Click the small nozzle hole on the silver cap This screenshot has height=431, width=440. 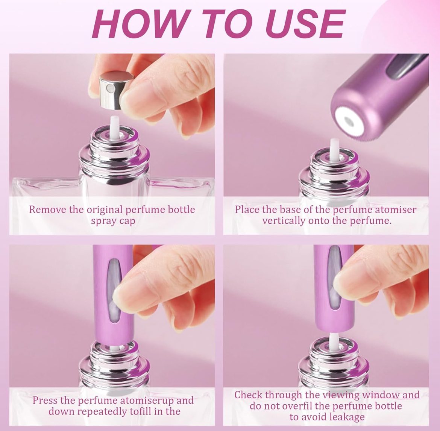pos(111,89)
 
